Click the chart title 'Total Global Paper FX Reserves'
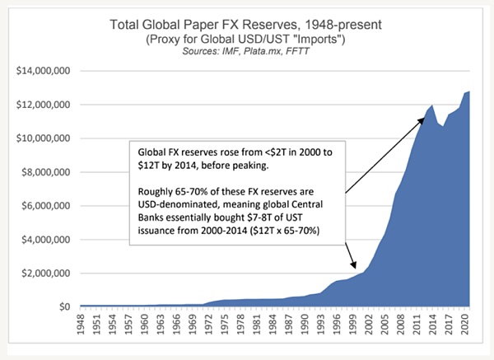point(247,24)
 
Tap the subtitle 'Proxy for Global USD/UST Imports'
point(247,40)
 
